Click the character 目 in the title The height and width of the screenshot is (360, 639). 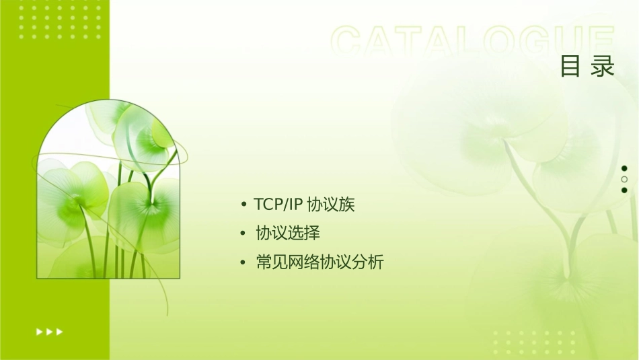570,67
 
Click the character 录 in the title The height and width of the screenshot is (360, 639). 603,67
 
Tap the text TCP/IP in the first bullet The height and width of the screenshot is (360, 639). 278,205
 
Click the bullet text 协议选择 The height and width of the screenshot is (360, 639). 288,233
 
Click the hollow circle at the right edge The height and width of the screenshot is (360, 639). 624,180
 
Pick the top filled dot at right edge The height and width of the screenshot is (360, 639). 624,168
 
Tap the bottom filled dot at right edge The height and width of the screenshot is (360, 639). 624,190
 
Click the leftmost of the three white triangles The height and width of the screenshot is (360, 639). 39,332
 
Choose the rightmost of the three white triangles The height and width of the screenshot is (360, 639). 60,332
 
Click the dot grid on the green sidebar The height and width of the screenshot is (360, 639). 60,21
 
